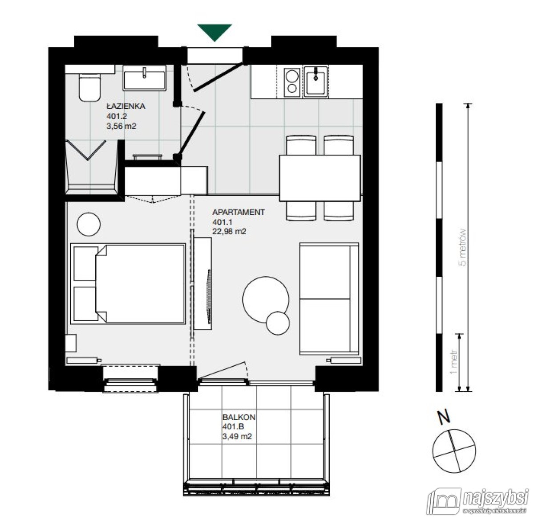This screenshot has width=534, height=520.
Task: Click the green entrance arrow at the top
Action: (x=215, y=32)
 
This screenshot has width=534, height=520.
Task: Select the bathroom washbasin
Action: (x=145, y=78)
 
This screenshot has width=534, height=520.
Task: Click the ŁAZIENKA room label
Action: (x=125, y=107)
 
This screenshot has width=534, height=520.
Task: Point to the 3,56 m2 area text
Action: (x=121, y=126)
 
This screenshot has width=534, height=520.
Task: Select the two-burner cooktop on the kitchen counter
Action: (x=291, y=82)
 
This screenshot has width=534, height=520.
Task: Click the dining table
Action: (x=320, y=178)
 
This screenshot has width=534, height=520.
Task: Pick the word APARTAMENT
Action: (x=239, y=212)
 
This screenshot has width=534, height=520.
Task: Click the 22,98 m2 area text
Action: (x=229, y=231)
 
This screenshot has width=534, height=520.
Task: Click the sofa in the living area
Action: (x=329, y=299)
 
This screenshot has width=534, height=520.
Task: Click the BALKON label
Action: (x=239, y=418)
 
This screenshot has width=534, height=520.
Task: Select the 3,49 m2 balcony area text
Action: (x=237, y=437)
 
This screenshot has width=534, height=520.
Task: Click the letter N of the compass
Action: (x=443, y=418)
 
